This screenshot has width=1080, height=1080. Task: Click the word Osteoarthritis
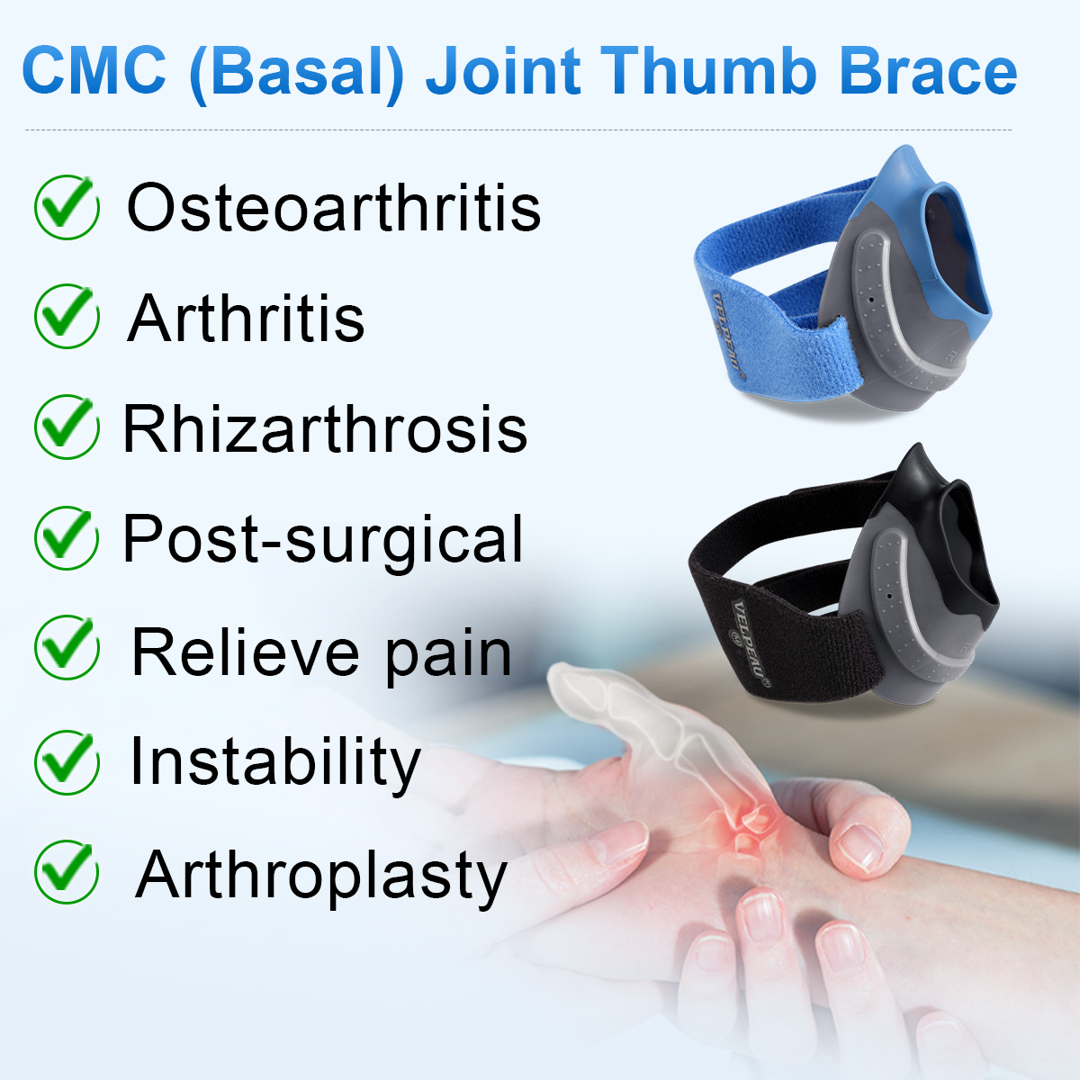click(333, 208)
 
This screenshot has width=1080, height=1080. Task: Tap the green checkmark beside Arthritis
click(67, 316)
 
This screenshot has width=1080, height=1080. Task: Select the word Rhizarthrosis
click(325, 429)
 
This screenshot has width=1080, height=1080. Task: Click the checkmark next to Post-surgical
click(67, 537)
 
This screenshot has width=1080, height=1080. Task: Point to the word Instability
click(274, 762)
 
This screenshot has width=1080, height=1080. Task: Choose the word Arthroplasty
click(321, 876)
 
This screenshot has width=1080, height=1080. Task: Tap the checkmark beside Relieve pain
click(67, 648)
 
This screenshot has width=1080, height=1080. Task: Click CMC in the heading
click(94, 72)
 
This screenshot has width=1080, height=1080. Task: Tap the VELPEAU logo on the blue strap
click(727, 332)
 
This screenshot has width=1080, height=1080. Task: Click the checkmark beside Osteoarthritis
click(67, 208)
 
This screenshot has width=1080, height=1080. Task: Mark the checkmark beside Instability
click(67, 761)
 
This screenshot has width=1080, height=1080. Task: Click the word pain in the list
click(447, 654)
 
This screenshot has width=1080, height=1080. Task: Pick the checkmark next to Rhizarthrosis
click(67, 427)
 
